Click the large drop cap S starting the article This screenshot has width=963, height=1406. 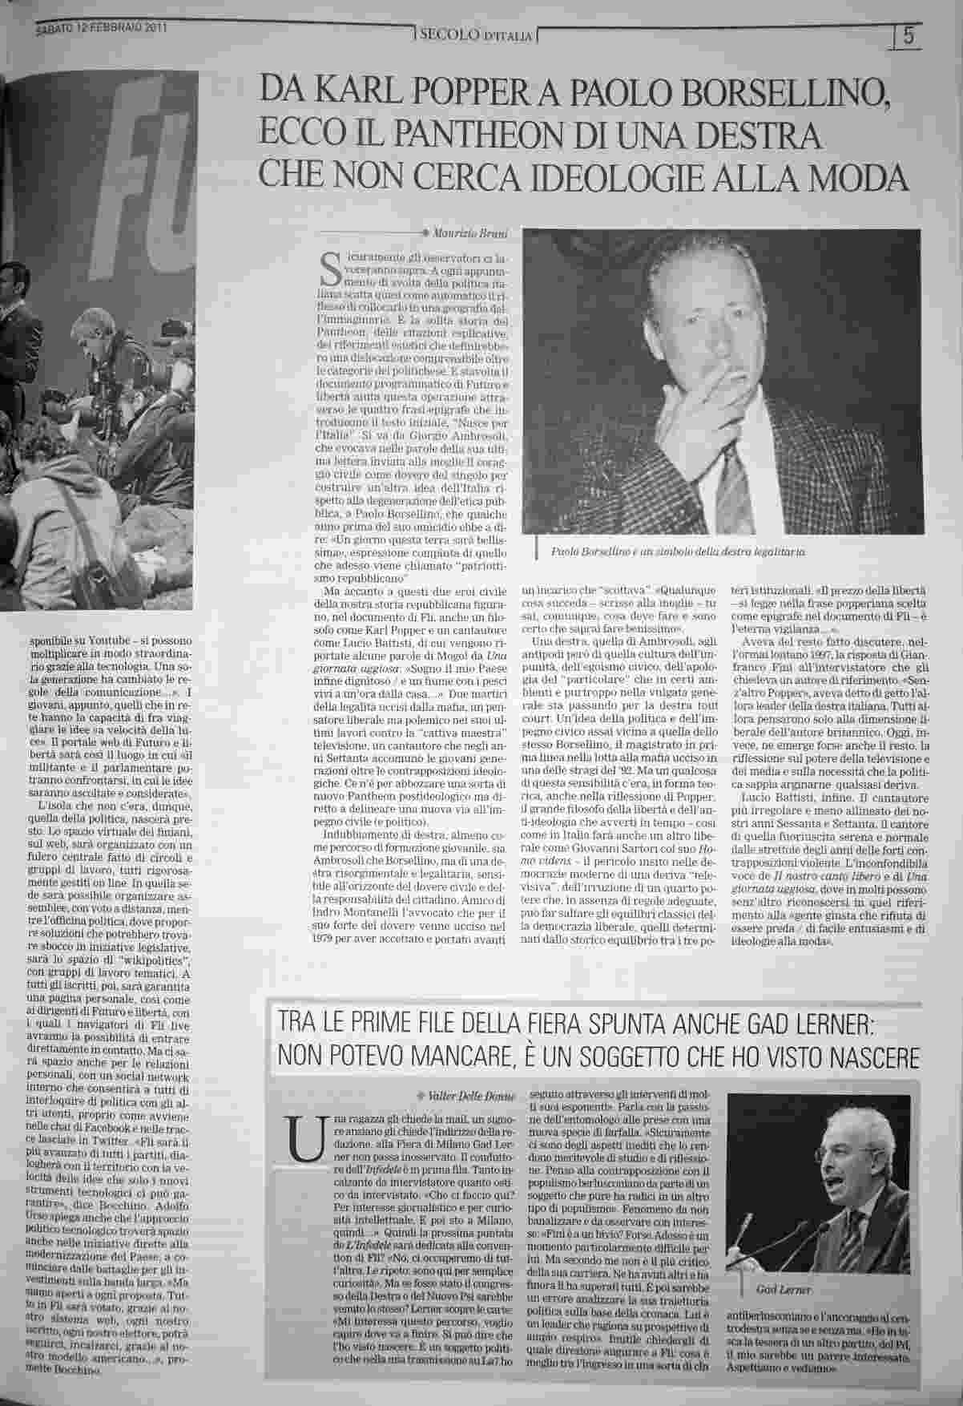(x=330, y=270)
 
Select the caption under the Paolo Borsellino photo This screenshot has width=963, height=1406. (x=678, y=553)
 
